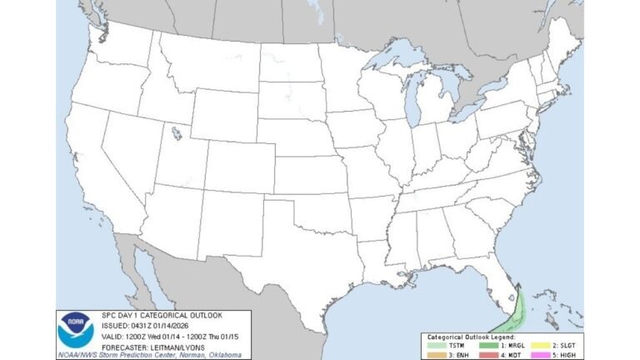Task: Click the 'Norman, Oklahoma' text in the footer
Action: click(x=230, y=352)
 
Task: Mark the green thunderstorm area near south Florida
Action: click(x=510, y=317)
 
